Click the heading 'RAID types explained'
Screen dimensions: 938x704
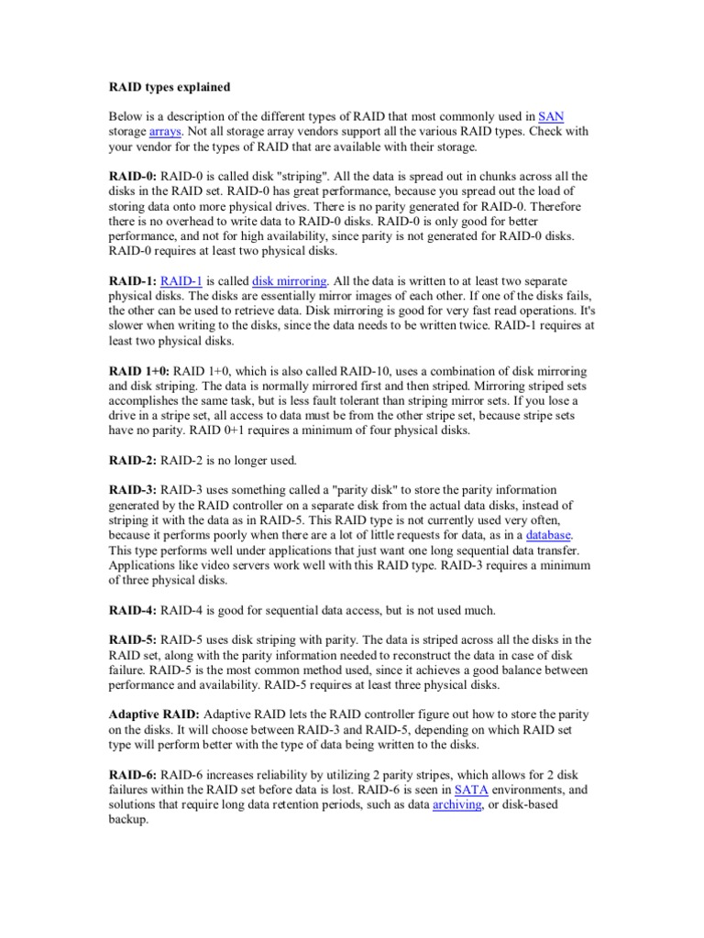click(170, 87)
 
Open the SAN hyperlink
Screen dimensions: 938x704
click(551, 116)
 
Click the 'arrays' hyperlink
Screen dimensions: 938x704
click(166, 131)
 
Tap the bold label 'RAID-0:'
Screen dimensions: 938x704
click(133, 176)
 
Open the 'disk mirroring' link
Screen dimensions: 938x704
click(289, 281)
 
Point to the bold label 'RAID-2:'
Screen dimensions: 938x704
click(133, 460)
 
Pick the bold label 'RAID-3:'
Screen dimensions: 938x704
click(133, 490)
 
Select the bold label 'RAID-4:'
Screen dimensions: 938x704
click(133, 609)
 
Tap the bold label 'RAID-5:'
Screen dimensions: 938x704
click(133, 639)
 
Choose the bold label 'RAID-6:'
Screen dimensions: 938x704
click(133, 774)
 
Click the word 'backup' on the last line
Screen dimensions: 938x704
click(128, 819)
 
